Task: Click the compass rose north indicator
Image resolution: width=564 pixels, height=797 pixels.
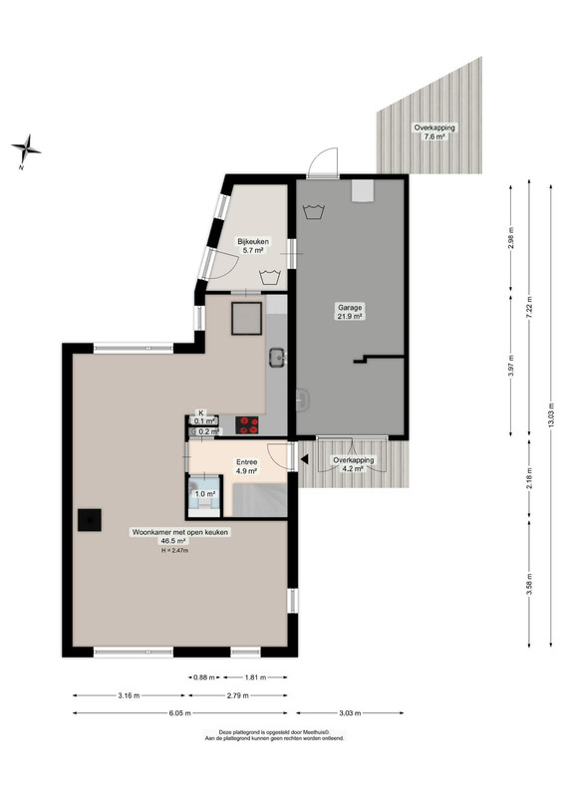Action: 26,150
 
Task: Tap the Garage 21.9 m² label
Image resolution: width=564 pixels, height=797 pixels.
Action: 351,312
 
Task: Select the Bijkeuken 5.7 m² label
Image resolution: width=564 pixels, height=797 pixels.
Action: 253,245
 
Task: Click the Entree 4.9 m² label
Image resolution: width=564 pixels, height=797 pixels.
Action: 247,466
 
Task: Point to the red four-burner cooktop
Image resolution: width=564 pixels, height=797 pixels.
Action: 247,425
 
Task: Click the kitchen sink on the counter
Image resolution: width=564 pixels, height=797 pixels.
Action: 277,357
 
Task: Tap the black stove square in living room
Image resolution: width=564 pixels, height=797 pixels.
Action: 90,520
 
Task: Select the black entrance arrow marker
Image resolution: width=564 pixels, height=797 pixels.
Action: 304,459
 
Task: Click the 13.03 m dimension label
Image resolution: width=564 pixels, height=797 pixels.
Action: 551,415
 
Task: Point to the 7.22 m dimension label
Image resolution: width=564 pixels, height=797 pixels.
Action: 529,307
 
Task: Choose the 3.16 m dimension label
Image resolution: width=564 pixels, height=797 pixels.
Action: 129,695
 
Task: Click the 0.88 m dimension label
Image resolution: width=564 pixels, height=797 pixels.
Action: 204,677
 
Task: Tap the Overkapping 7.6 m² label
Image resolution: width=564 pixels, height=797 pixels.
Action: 434,133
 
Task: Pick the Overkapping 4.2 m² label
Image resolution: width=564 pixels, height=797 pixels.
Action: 354,464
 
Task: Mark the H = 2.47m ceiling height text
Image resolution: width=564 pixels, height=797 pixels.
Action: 175,550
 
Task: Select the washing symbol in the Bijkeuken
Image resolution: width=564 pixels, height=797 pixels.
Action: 269,278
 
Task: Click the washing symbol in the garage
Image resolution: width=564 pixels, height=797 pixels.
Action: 314,211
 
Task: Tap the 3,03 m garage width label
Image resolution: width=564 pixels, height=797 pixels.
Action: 350,713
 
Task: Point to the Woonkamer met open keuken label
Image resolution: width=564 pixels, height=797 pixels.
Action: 180,532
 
